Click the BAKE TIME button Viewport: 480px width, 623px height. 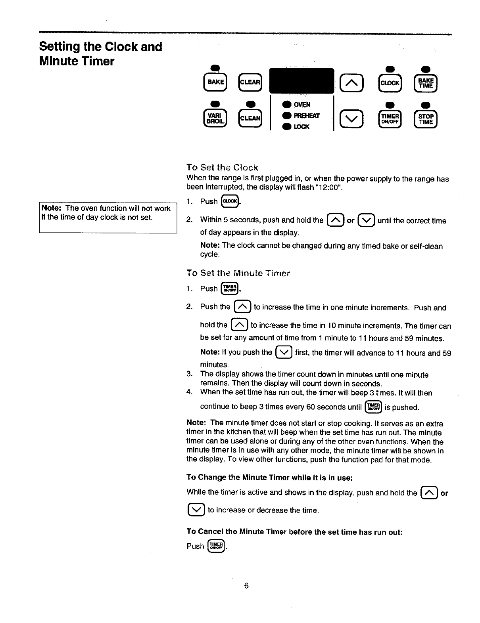(x=425, y=82)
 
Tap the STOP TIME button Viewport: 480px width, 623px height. (x=425, y=119)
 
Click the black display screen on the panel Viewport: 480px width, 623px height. (x=301, y=81)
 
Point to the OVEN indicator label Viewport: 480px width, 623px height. (x=302, y=105)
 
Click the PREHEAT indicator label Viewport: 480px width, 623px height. (x=306, y=116)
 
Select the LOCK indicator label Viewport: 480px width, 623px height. (x=301, y=127)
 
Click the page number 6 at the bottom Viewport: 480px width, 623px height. (x=246, y=586)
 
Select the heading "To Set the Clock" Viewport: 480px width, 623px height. (x=222, y=167)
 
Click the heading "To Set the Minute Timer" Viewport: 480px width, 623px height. (x=238, y=273)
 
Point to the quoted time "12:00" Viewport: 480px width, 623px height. (x=330, y=187)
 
